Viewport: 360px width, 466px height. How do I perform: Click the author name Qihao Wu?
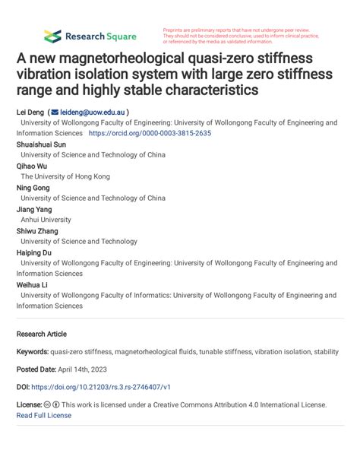tap(32, 165)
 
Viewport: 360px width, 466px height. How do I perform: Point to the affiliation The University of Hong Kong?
tap(65, 176)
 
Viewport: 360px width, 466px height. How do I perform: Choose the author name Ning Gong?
tap(33, 187)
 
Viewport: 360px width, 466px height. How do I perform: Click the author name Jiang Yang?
tap(34, 209)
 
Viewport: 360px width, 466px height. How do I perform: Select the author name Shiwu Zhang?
tap(36, 231)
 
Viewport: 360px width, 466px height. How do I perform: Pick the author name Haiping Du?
tap(35, 252)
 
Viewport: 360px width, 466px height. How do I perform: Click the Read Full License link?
tap(43, 415)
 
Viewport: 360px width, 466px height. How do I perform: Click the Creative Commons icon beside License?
tap(47, 405)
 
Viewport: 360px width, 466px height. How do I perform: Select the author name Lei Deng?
tap(30, 112)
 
